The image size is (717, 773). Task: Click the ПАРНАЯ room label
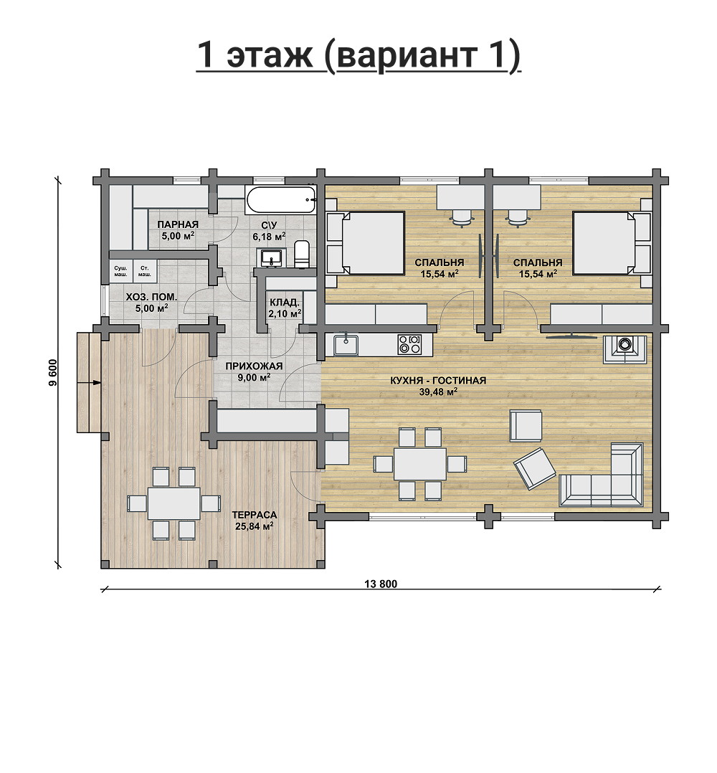(x=178, y=225)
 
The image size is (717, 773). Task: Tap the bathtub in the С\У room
(x=280, y=200)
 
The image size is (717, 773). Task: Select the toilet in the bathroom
(x=301, y=255)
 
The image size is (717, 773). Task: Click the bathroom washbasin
(x=271, y=257)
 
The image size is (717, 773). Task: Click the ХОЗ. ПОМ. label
(x=151, y=298)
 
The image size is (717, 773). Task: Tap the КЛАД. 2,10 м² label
(x=285, y=307)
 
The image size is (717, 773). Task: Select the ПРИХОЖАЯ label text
(x=254, y=366)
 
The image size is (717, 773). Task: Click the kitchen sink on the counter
(x=346, y=344)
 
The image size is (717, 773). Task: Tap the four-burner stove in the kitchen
(x=409, y=344)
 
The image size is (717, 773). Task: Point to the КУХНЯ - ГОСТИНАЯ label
(x=438, y=381)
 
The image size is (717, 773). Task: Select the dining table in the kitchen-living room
(x=420, y=463)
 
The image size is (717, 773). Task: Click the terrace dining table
(x=174, y=503)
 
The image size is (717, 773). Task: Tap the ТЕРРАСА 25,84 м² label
(x=255, y=520)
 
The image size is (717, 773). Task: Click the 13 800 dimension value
(x=381, y=584)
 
